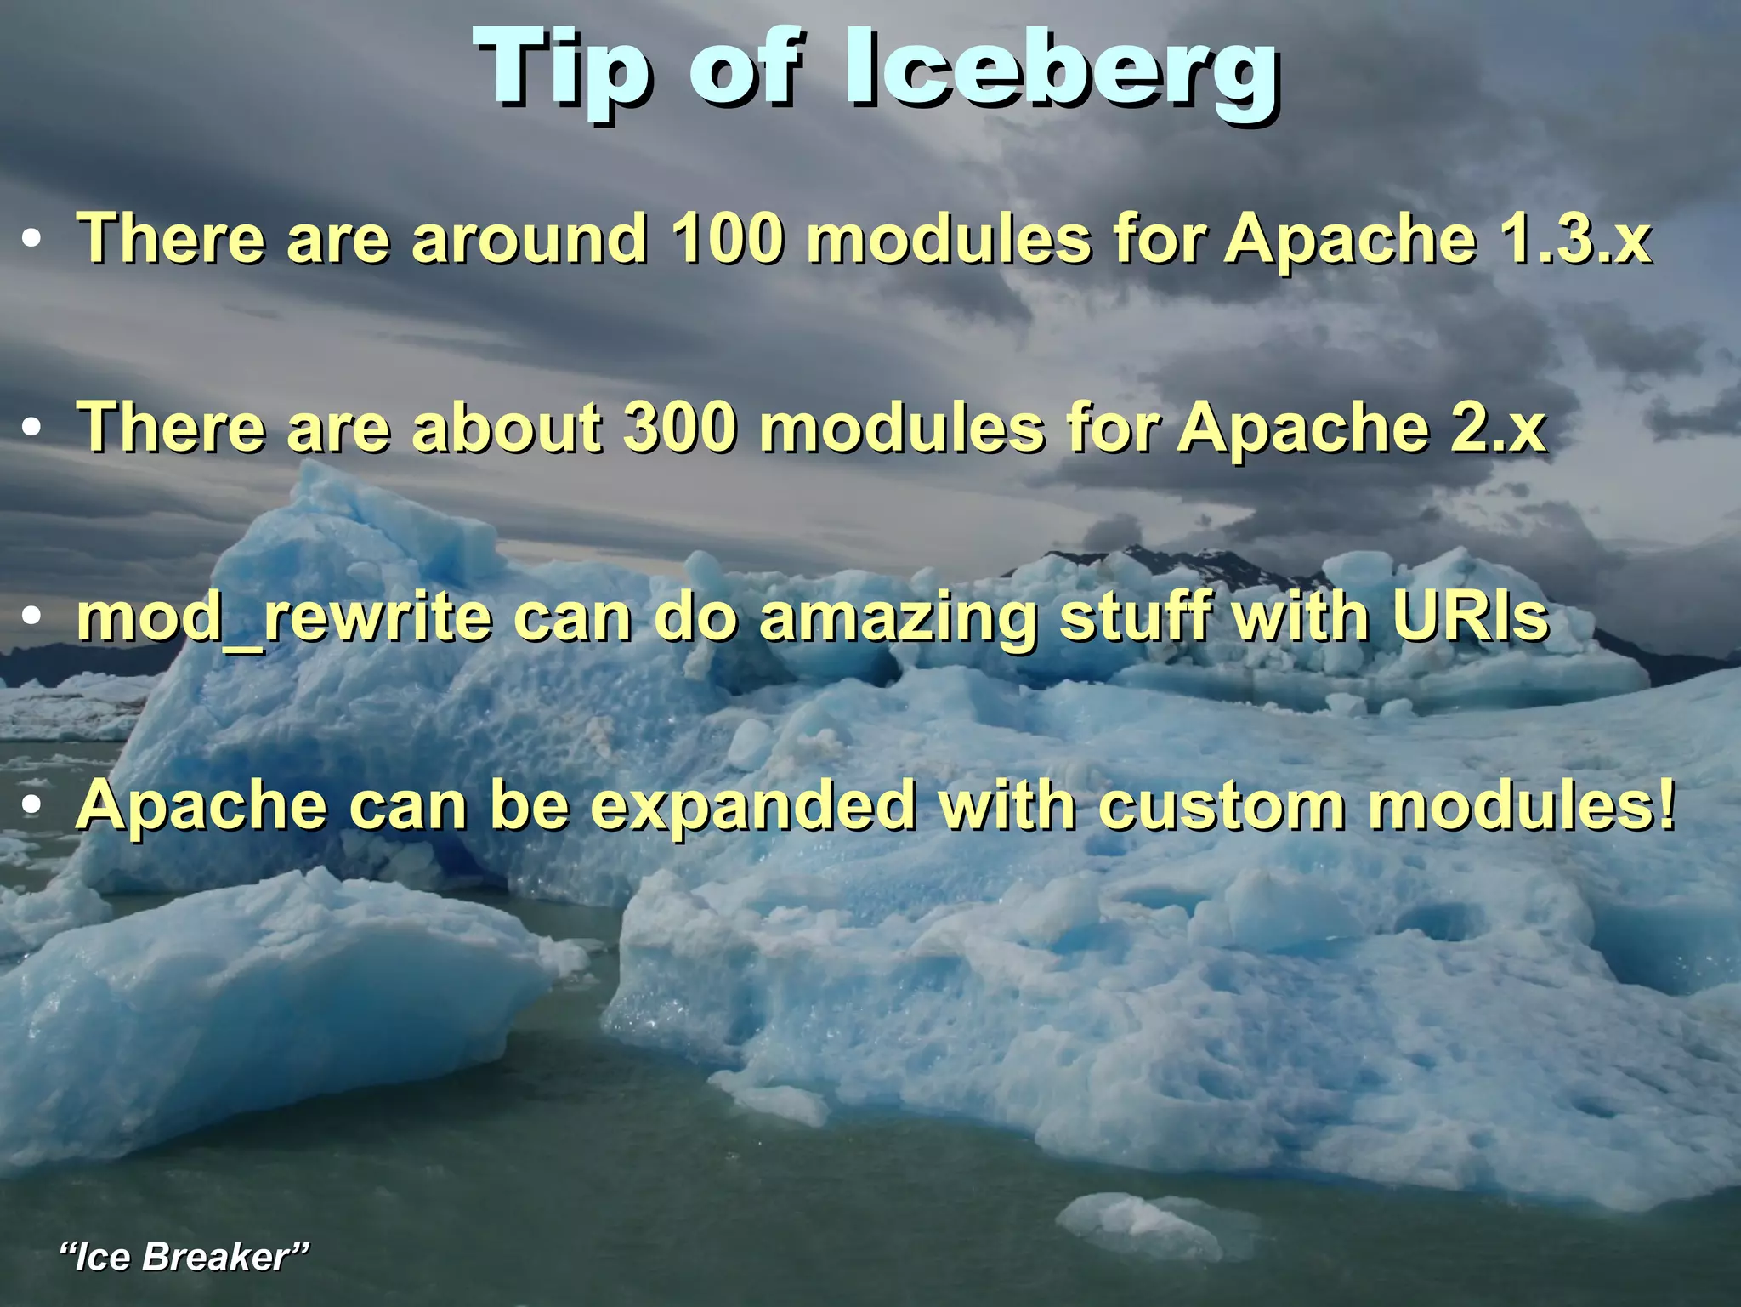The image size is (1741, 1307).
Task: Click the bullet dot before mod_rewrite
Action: pos(32,618)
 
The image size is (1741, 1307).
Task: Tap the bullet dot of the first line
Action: pos(32,241)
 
